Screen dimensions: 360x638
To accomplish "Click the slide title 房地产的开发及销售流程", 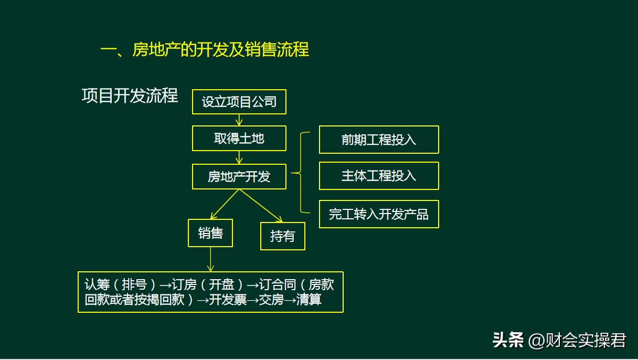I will [x=205, y=50].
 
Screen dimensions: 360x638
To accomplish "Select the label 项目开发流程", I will [x=130, y=96].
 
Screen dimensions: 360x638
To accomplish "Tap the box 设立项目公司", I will [x=239, y=102].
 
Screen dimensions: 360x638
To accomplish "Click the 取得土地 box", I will [x=239, y=139].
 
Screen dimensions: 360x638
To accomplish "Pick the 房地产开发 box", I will [x=239, y=177].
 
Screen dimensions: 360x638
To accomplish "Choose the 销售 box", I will [x=210, y=233].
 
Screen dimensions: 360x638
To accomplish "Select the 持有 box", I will [x=282, y=236].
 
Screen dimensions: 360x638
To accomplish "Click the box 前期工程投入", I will [x=379, y=140].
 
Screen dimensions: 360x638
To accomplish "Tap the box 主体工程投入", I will [x=379, y=176].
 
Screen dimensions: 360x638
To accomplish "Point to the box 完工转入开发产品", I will [x=379, y=214].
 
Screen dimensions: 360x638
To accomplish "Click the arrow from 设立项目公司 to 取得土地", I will [x=239, y=120].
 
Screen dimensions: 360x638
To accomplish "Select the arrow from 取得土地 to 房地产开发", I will [x=239, y=157].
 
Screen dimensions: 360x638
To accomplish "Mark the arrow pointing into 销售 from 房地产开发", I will [x=224, y=205].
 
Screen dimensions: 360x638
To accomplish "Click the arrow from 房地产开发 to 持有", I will [x=261, y=206].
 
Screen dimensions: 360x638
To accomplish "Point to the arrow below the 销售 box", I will [x=210, y=259].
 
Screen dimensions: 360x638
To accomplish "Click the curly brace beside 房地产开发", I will [x=301, y=173].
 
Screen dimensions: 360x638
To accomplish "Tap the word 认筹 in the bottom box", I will [x=97, y=285].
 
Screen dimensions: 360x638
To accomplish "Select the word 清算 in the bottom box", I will [x=309, y=300].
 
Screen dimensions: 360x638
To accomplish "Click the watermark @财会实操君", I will [x=577, y=341].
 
